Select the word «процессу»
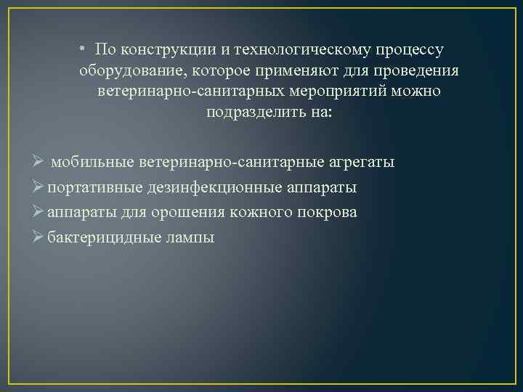[409, 50]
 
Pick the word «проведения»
[417, 71]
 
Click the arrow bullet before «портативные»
[41, 187]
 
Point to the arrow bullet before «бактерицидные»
[41, 237]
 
